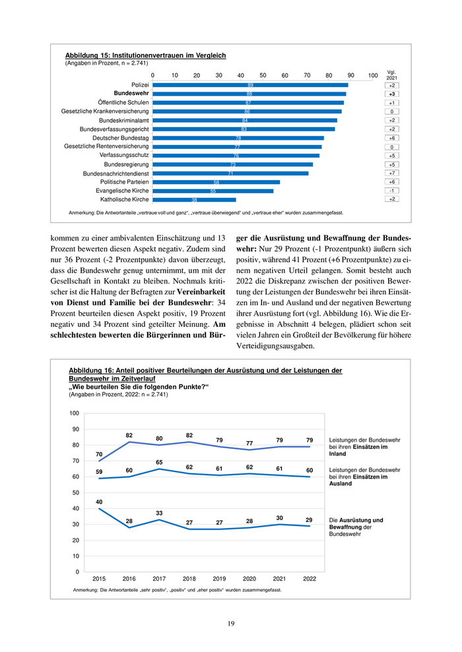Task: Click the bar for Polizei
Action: pyautogui.click(x=250, y=85)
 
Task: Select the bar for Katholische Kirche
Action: pyautogui.click(x=194, y=199)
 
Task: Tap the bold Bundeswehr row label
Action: pyautogui.click(x=131, y=94)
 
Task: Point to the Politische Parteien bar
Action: pyautogui.click(x=216, y=181)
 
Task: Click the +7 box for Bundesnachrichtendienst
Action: pyautogui.click(x=392, y=173)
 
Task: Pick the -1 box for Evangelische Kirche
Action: pyautogui.click(x=392, y=190)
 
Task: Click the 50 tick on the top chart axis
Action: pyautogui.click(x=263, y=75)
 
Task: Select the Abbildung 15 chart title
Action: pyautogui.click(x=145, y=55)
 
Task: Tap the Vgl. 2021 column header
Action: pyautogui.click(x=391, y=75)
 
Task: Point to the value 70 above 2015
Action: pyautogui.click(x=99, y=454)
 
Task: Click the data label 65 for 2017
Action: pyautogui.click(x=160, y=462)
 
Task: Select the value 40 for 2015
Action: pyautogui.click(x=99, y=502)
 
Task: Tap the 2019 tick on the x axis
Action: pyautogui.click(x=220, y=578)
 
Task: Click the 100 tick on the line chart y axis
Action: pyautogui.click(x=75, y=413)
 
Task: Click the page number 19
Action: pyautogui.click(x=231, y=623)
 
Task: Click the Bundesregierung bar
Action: pyautogui.click(x=232, y=164)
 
